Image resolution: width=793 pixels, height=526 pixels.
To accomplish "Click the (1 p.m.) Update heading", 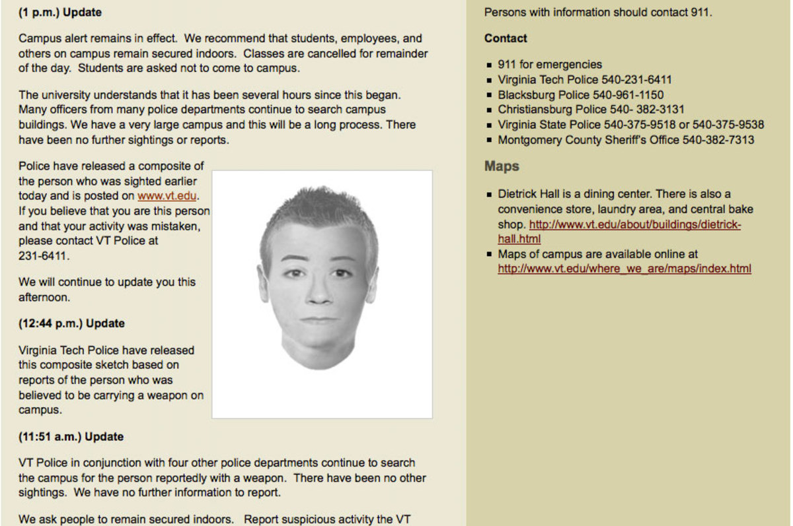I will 60,13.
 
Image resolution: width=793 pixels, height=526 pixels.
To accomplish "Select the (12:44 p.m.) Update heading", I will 71,323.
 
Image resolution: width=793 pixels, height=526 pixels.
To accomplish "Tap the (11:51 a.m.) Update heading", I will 71,437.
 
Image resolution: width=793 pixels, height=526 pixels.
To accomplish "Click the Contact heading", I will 506,38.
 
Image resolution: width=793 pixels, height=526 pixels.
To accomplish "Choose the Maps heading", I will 502,166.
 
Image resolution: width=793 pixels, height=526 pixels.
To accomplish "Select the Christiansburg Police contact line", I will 591,110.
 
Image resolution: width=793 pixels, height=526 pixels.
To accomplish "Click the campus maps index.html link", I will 624,269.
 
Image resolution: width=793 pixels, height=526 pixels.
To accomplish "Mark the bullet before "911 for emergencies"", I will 490,65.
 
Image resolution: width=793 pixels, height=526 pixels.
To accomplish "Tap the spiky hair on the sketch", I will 317,205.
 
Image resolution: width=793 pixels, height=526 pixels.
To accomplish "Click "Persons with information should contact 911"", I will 598,13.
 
